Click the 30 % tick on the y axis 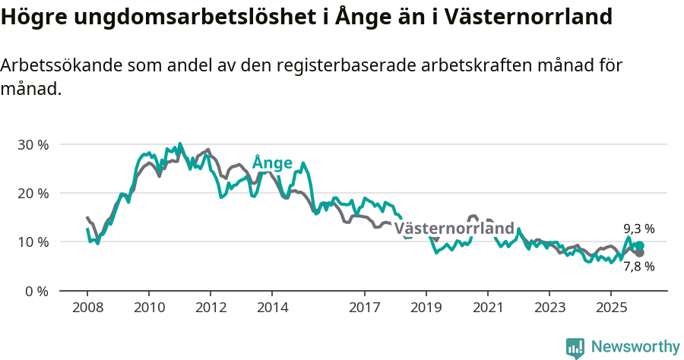click(x=32, y=144)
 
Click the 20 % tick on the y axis click(x=32, y=193)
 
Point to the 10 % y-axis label click(x=32, y=242)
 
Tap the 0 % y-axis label click(x=36, y=291)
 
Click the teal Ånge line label click(x=272, y=163)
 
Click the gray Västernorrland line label click(x=454, y=229)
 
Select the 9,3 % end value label click(x=638, y=229)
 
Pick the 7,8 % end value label click(x=638, y=267)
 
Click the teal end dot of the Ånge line click(x=640, y=246)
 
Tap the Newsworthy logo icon click(x=575, y=348)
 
